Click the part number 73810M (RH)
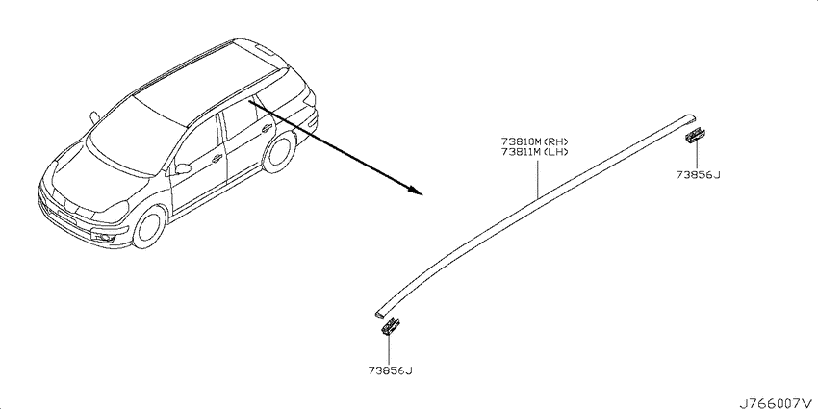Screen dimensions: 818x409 534,141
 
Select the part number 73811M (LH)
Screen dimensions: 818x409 534,152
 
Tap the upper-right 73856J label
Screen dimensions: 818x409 698,175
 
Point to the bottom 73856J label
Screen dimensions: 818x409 390,371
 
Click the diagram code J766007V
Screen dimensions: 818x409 778,403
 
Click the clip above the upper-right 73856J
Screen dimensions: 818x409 695,135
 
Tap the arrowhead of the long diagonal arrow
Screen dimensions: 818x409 416,190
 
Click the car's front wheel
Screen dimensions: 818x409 150,226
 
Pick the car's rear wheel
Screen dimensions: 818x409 279,152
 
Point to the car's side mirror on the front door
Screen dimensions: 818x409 183,168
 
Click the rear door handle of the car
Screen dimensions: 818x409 267,128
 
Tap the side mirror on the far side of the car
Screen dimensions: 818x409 94,117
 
